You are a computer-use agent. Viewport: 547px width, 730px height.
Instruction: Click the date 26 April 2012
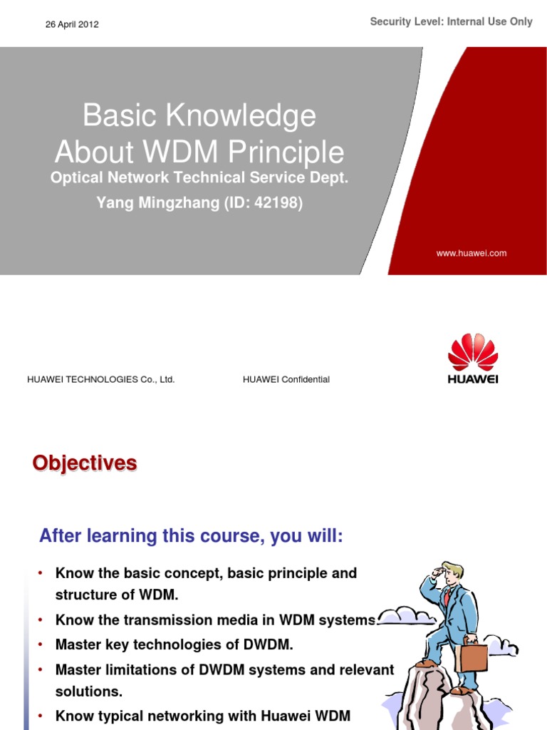point(72,24)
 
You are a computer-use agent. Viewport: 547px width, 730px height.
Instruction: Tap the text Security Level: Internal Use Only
point(451,22)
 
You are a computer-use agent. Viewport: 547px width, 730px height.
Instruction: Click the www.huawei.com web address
point(472,253)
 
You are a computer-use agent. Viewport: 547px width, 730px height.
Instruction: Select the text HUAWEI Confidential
point(286,379)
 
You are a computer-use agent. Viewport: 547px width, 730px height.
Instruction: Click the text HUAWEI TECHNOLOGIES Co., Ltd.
point(100,379)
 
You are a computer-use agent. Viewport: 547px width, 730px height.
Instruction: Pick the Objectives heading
point(84,463)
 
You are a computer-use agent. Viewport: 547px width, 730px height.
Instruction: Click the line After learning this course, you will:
point(191,536)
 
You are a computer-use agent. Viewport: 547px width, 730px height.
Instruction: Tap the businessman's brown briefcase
point(472,654)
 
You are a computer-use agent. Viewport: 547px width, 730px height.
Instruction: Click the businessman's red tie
point(447,597)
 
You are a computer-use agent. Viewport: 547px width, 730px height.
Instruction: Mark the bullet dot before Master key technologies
point(41,644)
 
